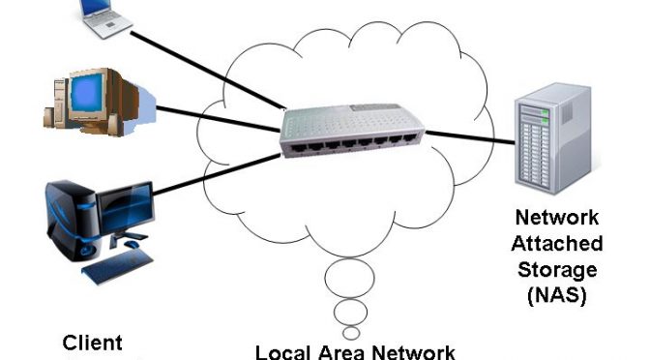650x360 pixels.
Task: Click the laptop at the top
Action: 105,18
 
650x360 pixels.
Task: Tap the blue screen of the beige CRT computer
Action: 87,93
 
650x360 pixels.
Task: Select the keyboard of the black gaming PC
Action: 117,266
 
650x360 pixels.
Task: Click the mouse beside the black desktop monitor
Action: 132,244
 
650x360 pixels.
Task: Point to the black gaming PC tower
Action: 73,221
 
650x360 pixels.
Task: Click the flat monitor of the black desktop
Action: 125,208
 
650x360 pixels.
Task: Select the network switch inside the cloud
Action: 352,131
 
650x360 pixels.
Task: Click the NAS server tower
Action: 552,138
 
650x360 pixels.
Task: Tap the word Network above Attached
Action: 557,218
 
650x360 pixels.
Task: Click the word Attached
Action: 557,243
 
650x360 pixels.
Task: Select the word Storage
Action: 557,270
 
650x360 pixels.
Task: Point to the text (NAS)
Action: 557,296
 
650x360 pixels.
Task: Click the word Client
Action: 92,343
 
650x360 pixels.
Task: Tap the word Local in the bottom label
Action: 282,352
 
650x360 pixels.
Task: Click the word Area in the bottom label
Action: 342,352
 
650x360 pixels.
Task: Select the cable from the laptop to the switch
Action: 208,71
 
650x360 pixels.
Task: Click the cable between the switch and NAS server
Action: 470,137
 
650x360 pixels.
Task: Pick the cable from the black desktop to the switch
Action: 217,174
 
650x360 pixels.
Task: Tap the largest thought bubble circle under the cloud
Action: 349,278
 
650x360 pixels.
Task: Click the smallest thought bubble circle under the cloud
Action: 351,333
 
